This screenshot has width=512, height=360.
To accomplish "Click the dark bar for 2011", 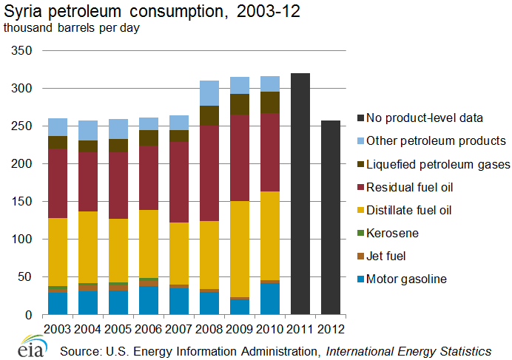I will click(x=300, y=194).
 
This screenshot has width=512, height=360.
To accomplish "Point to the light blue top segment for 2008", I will click(x=209, y=93).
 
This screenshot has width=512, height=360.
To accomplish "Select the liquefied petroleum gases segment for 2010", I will click(x=270, y=102).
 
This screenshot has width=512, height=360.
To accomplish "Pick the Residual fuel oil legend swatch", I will click(x=360, y=187).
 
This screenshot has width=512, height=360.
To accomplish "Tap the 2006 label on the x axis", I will click(x=149, y=326).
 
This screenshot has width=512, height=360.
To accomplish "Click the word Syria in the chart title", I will click(x=22, y=12).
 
